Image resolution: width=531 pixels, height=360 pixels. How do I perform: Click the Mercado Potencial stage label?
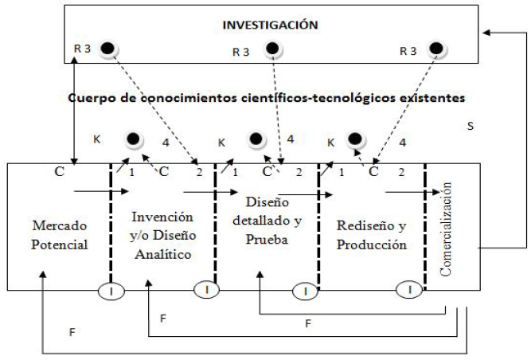point(59,234)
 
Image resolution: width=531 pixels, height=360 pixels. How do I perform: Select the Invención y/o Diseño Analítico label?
point(162,234)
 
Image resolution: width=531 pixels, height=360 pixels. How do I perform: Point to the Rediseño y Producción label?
point(372,234)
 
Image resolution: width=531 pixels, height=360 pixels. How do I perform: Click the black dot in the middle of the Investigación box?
point(271,49)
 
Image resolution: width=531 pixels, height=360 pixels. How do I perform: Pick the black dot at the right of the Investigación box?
point(435,49)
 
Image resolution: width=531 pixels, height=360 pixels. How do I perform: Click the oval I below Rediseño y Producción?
point(410,290)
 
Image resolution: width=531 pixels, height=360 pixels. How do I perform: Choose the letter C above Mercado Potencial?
point(59,171)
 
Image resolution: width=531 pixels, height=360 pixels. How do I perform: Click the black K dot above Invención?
point(136,140)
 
